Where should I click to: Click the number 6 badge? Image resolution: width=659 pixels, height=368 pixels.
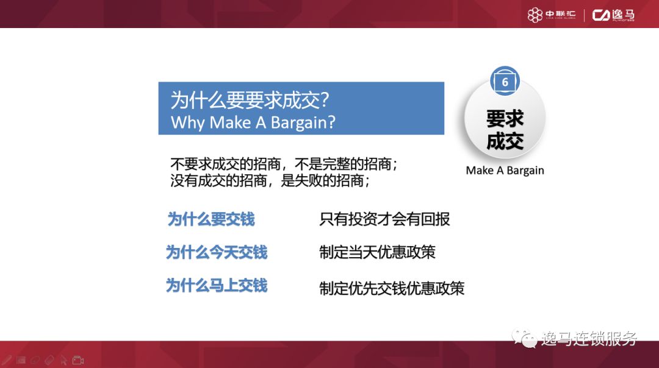pyautogui.click(x=505, y=81)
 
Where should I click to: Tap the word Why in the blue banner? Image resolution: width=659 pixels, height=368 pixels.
pyautogui.click(x=187, y=122)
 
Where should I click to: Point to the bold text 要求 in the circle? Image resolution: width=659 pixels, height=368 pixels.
pyautogui.click(x=505, y=118)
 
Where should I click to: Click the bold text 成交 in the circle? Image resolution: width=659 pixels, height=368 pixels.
pyautogui.click(x=505, y=141)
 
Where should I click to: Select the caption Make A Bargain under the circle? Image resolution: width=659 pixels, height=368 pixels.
pyautogui.click(x=505, y=171)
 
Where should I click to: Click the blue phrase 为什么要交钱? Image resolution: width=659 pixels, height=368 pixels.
pyautogui.click(x=211, y=219)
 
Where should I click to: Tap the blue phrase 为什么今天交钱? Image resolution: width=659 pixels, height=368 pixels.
pyautogui.click(x=217, y=252)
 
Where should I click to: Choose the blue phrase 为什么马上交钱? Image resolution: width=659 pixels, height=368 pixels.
pyautogui.click(x=217, y=285)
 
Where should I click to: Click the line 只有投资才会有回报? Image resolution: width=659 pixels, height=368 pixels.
pyautogui.click(x=384, y=219)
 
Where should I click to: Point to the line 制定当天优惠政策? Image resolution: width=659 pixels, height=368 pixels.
pyautogui.click(x=377, y=252)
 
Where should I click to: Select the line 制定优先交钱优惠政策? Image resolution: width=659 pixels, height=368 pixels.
pyautogui.click(x=392, y=288)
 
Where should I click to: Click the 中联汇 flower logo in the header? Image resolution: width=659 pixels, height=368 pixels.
pyautogui.click(x=535, y=15)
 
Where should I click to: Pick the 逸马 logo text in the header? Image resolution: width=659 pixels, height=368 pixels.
pyautogui.click(x=613, y=15)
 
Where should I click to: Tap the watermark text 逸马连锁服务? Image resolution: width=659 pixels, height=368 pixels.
pyautogui.click(x=588, y=339)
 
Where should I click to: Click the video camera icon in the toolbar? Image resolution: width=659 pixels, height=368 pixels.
pyautogui.click(x=77, y=360)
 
